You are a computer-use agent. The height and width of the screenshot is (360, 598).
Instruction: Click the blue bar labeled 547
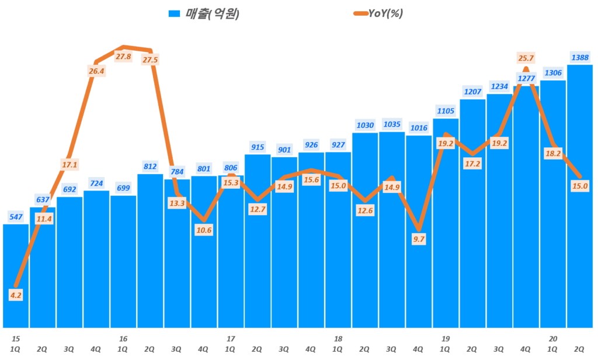pos(16,275)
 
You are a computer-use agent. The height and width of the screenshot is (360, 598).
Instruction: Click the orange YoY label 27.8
pos(124,57)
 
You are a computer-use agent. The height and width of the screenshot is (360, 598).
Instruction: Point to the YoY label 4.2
pos(16,295)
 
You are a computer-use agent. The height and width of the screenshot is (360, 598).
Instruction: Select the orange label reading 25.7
pos(526,58)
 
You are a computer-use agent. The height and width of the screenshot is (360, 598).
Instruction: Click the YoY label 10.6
pos(204,230)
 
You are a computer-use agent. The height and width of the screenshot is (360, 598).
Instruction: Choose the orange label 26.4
pos(96,71)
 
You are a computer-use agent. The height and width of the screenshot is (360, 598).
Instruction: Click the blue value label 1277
pos(526,78)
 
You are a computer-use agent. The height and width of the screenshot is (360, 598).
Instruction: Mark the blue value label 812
pos(150,167)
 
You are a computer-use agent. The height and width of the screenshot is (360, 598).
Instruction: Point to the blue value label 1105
pos(446,111)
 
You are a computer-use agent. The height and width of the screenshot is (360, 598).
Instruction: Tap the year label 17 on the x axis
pos(231,338)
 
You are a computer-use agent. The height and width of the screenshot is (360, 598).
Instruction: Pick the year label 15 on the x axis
pos(16,338)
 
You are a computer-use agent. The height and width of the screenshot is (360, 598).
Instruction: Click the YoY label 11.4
pos(43,219)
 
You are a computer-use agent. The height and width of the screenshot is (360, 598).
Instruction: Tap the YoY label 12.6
pos(365,210)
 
